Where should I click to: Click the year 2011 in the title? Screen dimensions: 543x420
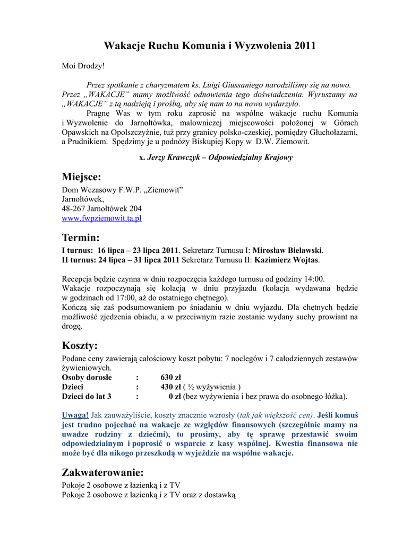(x=304, y=46)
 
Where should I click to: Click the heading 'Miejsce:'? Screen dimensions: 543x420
(x=81, y=176)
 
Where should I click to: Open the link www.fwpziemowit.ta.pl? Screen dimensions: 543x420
(x=101, y=218)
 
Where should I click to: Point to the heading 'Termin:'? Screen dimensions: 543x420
(x=81, y=237)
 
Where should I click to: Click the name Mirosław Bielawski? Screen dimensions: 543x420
(x=287, y=250)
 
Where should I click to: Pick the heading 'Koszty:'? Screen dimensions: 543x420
(x=80, y=346)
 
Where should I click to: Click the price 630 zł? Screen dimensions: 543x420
(x=171, y=378)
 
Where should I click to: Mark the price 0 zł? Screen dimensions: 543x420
(x=175, y=396)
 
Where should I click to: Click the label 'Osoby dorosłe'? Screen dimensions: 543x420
(x=87, y=378)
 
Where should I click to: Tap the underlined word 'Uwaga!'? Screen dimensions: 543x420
(x=75, y=415)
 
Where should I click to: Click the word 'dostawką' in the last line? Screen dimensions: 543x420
(x=220, y=495)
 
